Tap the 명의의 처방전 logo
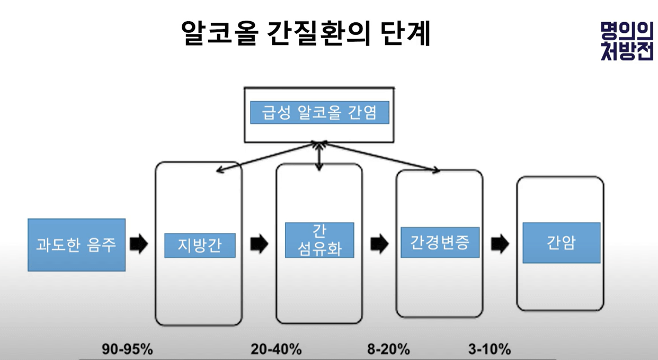click(x=627, y=41)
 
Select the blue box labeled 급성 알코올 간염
click(x=319, y=113)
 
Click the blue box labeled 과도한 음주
click(x=76, y=245)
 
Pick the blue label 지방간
click(x=200, y=245)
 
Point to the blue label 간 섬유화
click(x=319, y=240)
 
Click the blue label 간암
click(x=561, y=242)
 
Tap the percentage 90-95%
click(x=127, y=349)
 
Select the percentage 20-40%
click(x=276, y=349)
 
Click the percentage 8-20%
click(x=388, y=349)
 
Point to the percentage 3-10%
click(x=490, y=349)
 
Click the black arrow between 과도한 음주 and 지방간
click(x=139, y=244)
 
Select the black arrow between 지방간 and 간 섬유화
click(x=259, y=244)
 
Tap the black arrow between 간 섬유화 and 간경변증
click(x=379, y=244)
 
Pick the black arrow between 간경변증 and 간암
click(x=500, y=244)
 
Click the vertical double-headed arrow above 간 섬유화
click(x=318, y=157)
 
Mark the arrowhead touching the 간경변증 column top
click(x=435, y=170)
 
